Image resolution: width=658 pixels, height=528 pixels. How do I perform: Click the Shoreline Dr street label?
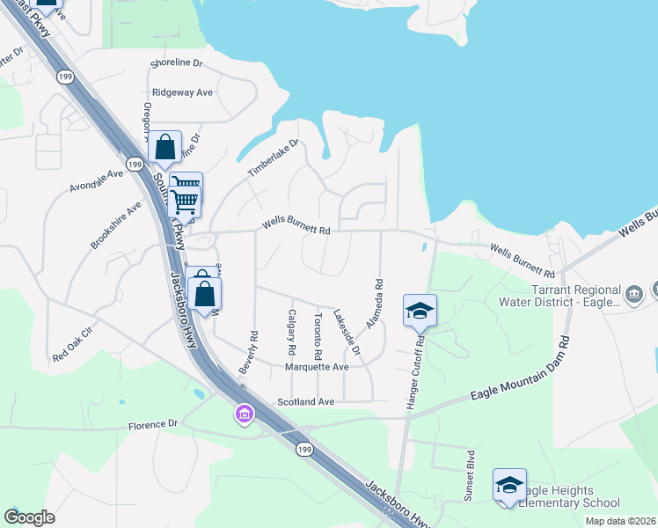[176, 64]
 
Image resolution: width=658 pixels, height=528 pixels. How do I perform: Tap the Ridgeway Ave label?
[182, 92]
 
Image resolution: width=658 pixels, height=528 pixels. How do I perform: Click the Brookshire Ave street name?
[115, 225]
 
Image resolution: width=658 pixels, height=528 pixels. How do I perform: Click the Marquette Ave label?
[317, 367]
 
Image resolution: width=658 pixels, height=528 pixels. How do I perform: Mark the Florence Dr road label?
[152, 424]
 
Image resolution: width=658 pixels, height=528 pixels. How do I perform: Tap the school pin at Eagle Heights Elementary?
[509, 485]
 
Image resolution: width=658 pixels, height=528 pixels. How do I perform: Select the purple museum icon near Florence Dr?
[244, 413]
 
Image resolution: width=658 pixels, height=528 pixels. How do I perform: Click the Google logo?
[29, 517]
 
